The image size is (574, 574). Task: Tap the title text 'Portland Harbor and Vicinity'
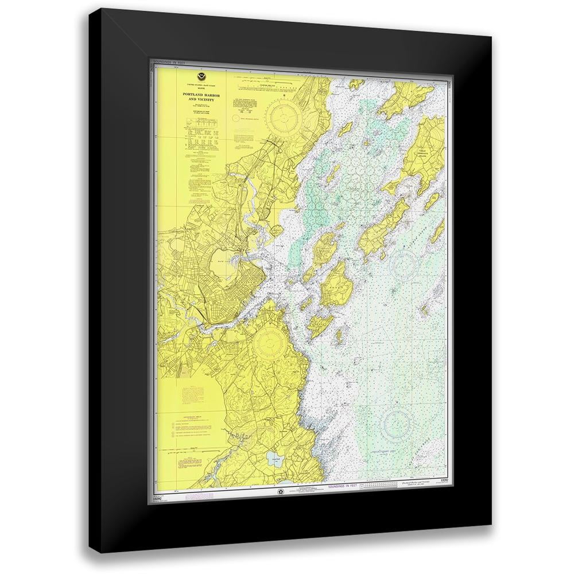pyautogui.click(x=198, y=96)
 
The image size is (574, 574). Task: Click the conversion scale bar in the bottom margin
pyautogui.click(x=382, y=487)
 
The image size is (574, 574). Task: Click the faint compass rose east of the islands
pyautogui.click(x=404, y=265)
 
